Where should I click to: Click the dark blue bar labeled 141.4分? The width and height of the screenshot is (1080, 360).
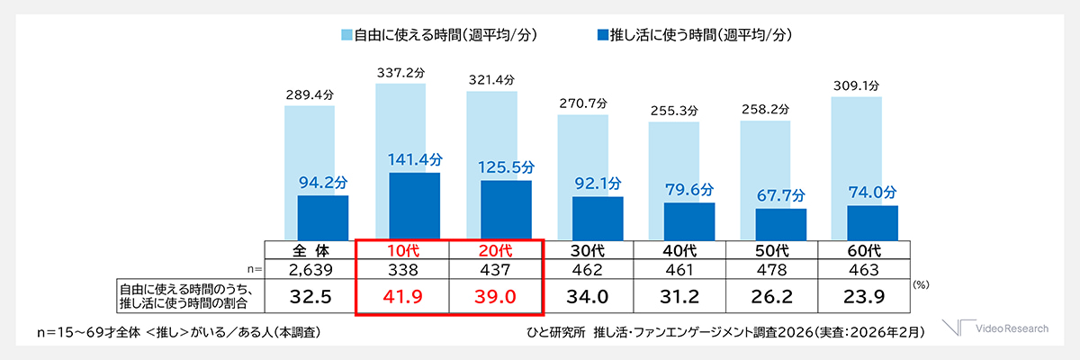point(414,205)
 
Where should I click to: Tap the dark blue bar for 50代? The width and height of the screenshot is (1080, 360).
point(780,223)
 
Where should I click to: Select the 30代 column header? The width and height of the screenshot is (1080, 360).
point(588,249)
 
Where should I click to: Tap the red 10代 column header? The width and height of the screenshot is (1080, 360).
point(403,249)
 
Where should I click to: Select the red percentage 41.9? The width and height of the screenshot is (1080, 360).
point(403,294)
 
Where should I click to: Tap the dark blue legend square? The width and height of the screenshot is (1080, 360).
point(602,35)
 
